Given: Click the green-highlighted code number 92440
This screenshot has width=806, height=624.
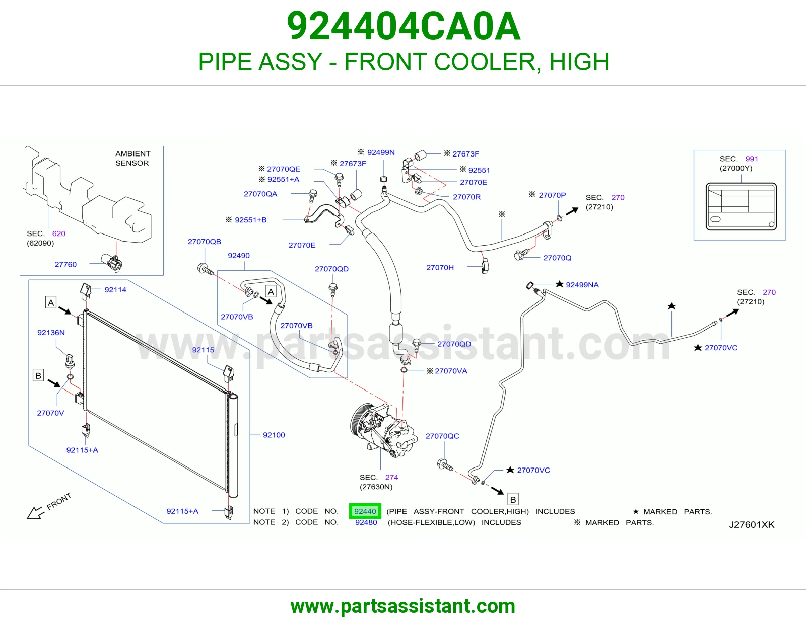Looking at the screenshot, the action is click(365, 511).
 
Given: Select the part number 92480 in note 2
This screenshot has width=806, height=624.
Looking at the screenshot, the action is click(366, 522).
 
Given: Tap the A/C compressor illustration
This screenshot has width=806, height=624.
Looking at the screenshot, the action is click(383, 431).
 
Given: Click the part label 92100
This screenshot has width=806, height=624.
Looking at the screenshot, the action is click(274, 435).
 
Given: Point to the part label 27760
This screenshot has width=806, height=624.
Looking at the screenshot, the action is click(65, 264).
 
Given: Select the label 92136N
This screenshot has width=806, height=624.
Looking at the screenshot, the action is click(51, 332).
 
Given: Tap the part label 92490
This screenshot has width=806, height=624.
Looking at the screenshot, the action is click(238, 255).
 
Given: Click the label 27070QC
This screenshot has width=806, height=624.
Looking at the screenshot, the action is click(442, 436).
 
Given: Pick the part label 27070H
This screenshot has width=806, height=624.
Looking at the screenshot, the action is click(440, 268).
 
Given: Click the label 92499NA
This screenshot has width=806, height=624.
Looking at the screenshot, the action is click(582, 285).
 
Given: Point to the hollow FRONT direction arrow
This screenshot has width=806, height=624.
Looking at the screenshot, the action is click(35, 513).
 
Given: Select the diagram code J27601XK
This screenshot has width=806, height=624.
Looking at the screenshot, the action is click(752, 525).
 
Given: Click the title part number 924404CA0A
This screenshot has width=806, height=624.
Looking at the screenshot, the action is click(404, 26).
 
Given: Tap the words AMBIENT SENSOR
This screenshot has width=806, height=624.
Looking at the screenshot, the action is click(132, 158).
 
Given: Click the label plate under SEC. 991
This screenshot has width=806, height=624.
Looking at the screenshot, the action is click(741, 206).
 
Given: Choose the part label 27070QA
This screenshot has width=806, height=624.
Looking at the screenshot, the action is click(260, 194).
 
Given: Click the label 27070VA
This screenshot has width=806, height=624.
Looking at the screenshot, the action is click(451, 371).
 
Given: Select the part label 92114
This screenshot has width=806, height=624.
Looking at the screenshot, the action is click(115, 290).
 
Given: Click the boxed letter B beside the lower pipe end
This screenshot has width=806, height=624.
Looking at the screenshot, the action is click(513, 500).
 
